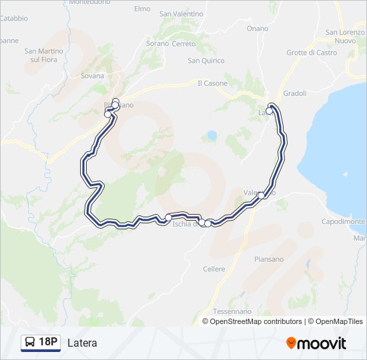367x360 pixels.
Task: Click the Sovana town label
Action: pyautogui.click(x=92, y=75)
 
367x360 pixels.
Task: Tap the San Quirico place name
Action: pyautogui.click(x=206, y=61)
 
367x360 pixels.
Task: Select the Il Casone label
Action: pyautogui.click(x=212, y=83)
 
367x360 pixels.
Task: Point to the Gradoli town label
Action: pyautogui.click(x=294, y=93)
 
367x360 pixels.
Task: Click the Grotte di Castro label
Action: pyautogui.click(x=312, y=53)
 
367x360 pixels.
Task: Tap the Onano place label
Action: pyautogui.click(x=257, y=29)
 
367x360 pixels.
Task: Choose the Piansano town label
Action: pyautogui.click(x=268, y=259)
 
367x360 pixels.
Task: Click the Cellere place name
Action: pyautogui.click(x=214, y=269)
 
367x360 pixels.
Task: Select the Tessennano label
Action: pyautogui.click(x=232, y=311)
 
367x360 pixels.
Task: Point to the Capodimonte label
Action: pyautogui.click(x=343, y=221)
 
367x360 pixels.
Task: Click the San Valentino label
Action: pyautogui.click(x=181, y=13)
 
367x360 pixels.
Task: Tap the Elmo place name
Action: pyautogui.click(x=142, y=9)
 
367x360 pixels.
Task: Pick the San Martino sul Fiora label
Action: pyautogui.click(x=43, y=55)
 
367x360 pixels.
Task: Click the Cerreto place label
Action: pyautogui.click(x=183, y=44)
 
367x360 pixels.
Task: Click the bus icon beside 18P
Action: pyautogui.click(x=30, y=343)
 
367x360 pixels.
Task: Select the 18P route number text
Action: pyautogui.click(x=47, y=343)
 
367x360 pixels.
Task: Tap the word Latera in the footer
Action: pyautogui.click(x=82, y=343)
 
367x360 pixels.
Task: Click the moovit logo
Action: pyautogui.click(x=316, y=343)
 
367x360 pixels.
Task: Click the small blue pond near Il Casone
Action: pyautogui.click(x=212, y=135)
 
